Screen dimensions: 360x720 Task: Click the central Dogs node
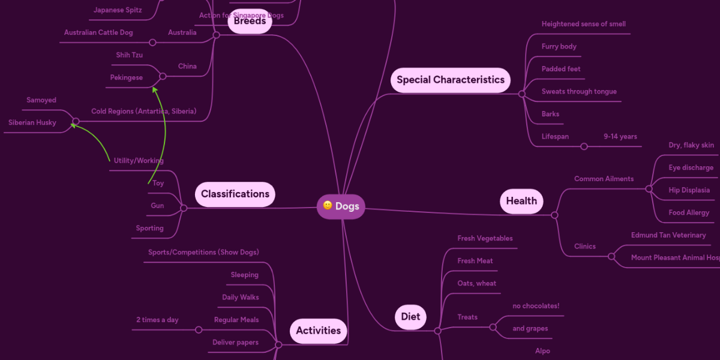(x=341, y=206)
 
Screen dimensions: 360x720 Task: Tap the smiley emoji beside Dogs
(x=328, y=206)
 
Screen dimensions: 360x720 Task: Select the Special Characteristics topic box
(x=450, y=80)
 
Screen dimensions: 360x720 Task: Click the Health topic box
(x=521, y=201)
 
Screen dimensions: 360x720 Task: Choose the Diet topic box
(x=410, y=317)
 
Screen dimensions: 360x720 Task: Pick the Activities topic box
(x=318, y=331)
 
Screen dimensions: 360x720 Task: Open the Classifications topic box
(x=235, y=194)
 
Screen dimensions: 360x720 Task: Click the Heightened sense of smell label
(x=583, y=24)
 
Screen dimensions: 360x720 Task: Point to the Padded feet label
(x=561, y=69)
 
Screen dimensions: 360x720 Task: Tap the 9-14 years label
(x=620, y=137)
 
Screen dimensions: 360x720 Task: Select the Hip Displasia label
(x=689, y=190)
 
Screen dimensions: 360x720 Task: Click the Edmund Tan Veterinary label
(x=668, y=235)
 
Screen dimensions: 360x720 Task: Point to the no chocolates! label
(x=535, y=306)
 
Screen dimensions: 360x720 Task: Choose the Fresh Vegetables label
(x=485, y=238)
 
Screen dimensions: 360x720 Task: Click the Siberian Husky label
(x=32, y=122)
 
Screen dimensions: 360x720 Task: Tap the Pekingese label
(x=127, y=77)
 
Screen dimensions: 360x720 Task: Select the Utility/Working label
(x=139, y=161)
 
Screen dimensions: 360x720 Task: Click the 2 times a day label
(x=157, y=320)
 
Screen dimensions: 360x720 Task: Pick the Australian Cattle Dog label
(x=98, y=32)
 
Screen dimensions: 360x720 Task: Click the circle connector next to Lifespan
(x=584, y=146)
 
